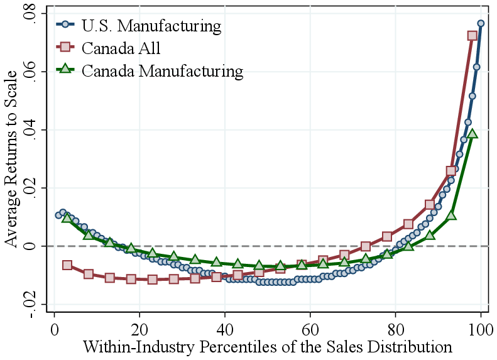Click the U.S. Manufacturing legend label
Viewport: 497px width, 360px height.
point(151,26)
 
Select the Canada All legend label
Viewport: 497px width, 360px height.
point(120,48)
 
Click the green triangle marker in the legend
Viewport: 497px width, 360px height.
point(66,70)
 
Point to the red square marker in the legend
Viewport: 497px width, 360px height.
point(66,48)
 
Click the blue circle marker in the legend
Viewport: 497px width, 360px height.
point(66,26)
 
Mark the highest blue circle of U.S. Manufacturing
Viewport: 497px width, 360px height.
point(481,23)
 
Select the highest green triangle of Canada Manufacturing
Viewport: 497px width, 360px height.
point(472,133)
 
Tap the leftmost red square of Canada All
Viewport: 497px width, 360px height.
point(67,265)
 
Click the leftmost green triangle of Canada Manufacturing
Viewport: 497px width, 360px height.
point(67,217)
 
